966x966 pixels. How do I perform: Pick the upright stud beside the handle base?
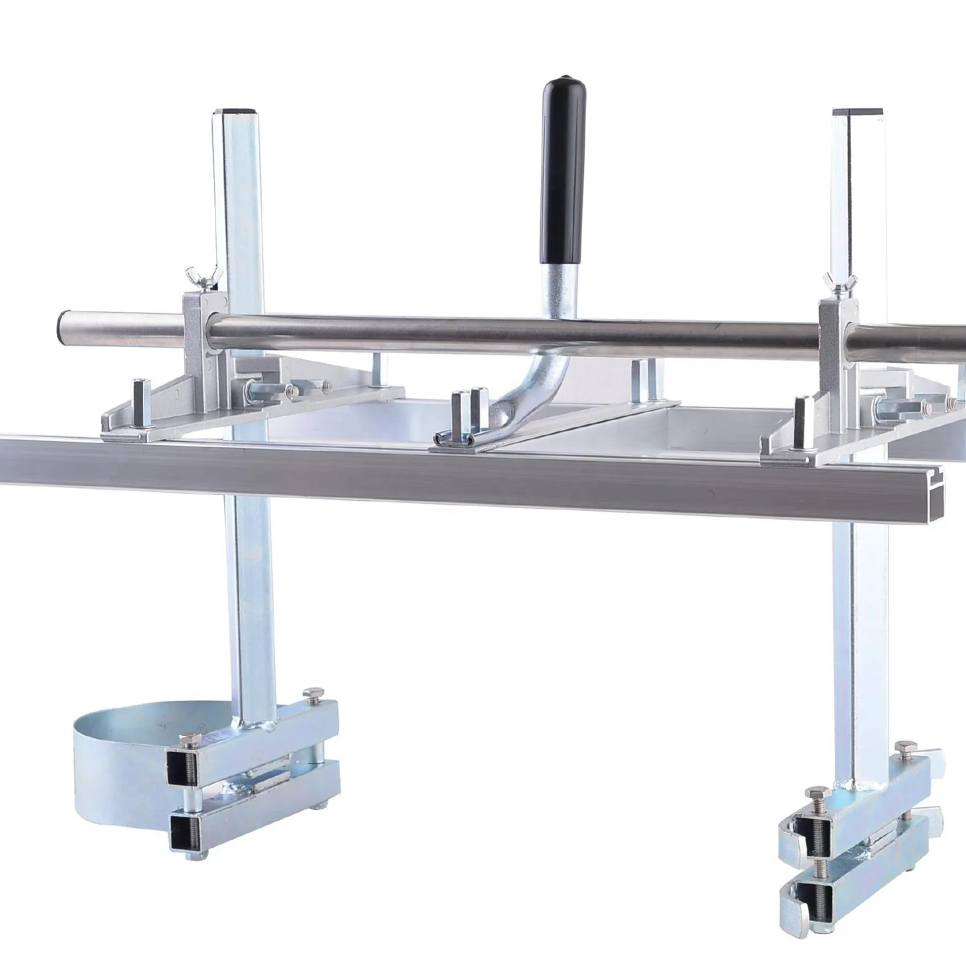point(461,409)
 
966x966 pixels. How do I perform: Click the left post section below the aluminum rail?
point(247,597)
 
